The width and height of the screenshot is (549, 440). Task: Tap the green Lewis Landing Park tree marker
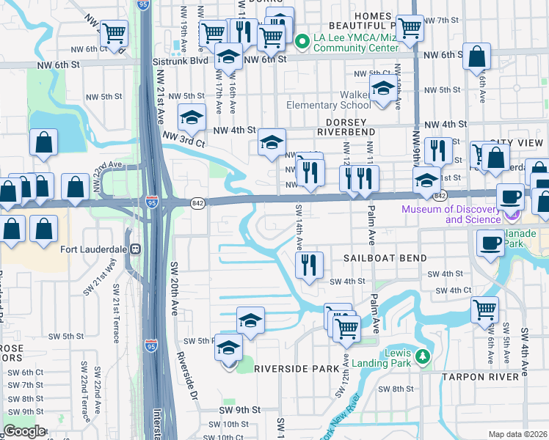coord(422,356)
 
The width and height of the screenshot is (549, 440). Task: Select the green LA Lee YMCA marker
coord(301,41)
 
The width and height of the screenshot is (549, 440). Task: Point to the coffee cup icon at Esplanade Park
coord(490,243)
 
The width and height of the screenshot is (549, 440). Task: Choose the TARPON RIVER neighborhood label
coord(484,376)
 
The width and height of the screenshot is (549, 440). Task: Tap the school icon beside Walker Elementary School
coord(382,91)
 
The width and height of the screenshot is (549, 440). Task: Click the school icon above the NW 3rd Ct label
coord(192,117)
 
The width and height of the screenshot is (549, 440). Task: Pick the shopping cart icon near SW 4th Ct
coord(484,309)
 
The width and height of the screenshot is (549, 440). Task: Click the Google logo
coord(23,431)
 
